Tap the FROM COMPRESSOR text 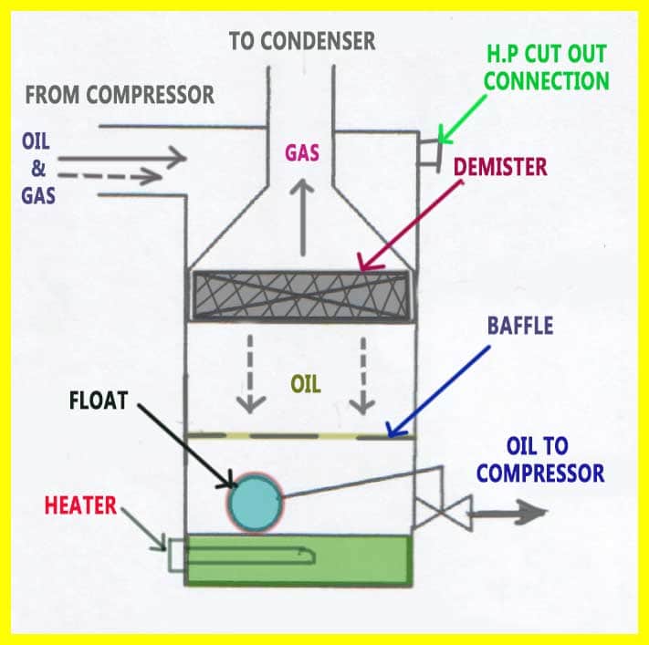120,94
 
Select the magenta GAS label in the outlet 301,152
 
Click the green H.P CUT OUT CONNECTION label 546,67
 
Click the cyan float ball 255,503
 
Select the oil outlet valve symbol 442,513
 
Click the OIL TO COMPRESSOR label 540,460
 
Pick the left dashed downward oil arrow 245,374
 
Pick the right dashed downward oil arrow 365,374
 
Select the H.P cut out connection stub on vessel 424,150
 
